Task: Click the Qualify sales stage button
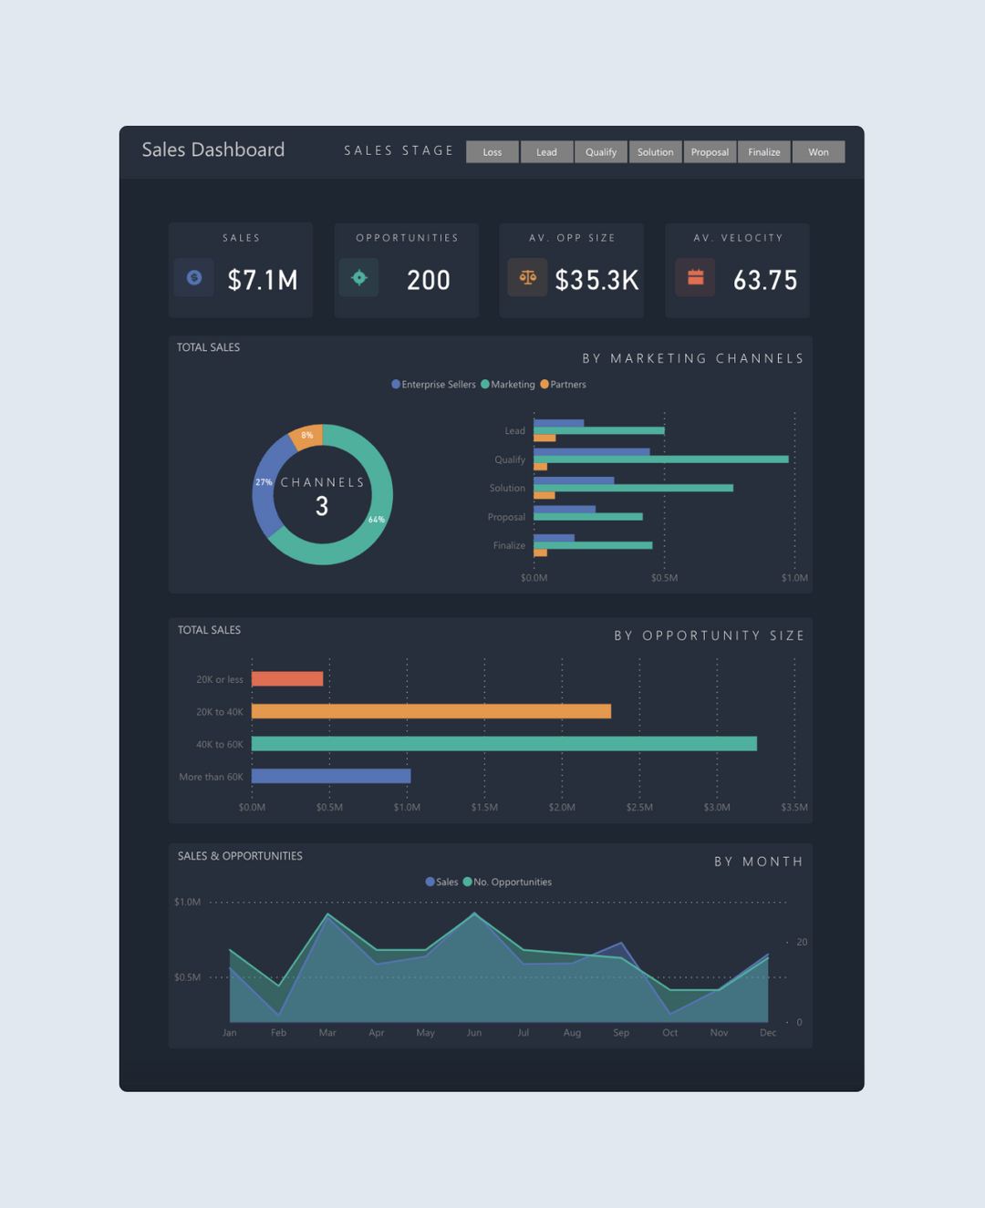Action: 601,152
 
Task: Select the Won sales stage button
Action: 818,152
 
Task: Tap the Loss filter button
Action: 493,152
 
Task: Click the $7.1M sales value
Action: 263,280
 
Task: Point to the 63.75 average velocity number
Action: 765,280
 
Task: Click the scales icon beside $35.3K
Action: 527,278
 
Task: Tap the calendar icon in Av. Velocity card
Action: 695,278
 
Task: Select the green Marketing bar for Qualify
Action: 661,459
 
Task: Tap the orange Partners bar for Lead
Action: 544,439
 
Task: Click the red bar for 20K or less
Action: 287,679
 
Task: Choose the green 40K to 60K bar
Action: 503,744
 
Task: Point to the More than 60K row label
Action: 211,777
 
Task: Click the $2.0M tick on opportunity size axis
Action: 562,808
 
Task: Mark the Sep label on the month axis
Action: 621,1033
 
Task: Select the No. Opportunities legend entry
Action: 512,883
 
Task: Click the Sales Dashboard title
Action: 213,150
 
